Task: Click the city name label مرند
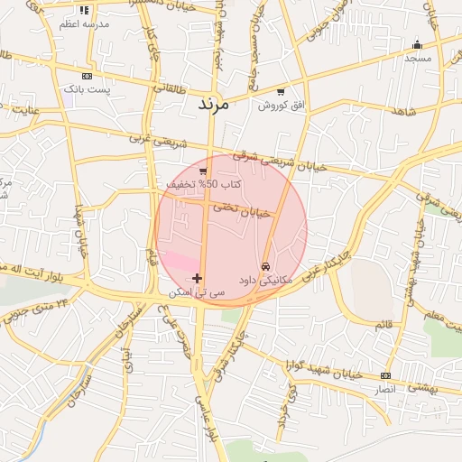pyautogui.click(x=214, y=105)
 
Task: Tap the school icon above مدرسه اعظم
pyautogui.click(x=84, y=10)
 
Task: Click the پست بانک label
pyautogui.click(x=87, y=89)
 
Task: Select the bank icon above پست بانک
pyautogui.click(x=87, y=77)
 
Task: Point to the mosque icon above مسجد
pyautogui.click(x=417, y=44)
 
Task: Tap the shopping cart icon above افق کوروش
pyautogui.click(x=281, y=92)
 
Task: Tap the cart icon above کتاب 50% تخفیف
pyautogui.click(x=204, y=171)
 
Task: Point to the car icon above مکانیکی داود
pyautogui.click(x=265, y=267)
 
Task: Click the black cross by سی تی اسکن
pyautogui.click(x=198, y=278)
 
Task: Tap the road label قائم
pyautogui.click(x=383, y=323)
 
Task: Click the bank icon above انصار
pyautogui.click(x=386, y=375)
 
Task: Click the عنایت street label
pyautogui.click(x=26, y=110)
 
